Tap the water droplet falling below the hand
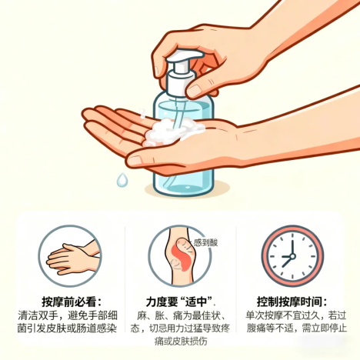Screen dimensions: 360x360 (122, 179)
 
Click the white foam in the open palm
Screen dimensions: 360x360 (172, 132)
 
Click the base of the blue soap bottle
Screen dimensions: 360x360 (183, 188)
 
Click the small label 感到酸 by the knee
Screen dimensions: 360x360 (205, 242)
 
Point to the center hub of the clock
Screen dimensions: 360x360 (292, 256)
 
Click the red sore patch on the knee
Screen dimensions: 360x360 (182, 255)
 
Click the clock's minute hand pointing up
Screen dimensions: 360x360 (292, 247)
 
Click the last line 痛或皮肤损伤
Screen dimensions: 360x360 (181, 342)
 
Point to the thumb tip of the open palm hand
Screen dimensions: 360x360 (133, 161)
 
